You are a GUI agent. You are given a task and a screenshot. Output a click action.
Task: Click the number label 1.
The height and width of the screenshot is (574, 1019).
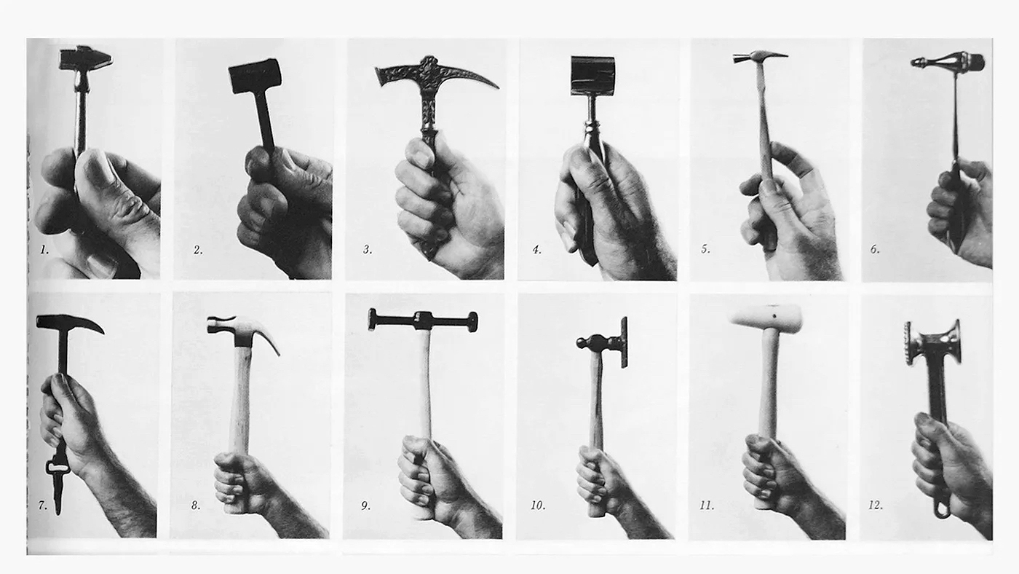tap(44, 249)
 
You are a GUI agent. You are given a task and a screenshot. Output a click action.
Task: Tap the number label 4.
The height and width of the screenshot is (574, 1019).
tap(537, 249)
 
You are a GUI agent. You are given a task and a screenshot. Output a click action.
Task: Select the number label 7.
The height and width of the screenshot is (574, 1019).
tap(42, 506)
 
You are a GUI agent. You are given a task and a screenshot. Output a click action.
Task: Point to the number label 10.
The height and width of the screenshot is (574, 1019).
tap(537, 506)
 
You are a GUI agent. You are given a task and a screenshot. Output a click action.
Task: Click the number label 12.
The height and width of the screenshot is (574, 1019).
tap(875, 506)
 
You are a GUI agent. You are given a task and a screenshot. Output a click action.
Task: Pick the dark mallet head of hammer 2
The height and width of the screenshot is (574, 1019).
tap(255, 76)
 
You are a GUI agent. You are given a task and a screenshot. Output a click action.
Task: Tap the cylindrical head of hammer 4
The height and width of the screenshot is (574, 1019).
tap(592, 76)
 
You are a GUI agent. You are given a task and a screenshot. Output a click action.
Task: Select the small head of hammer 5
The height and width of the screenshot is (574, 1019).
tap(759, 57)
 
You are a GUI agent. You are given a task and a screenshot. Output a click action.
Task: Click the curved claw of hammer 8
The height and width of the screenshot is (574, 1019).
tap(269, 337)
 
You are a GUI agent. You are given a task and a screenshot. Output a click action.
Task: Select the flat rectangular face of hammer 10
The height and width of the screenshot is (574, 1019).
tap(625, 342)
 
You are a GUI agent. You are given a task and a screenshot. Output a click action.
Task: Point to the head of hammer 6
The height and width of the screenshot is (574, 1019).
tap(948, 61)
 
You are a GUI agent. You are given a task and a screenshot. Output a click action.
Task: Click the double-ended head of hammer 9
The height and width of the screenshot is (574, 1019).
tap(423, 321)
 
